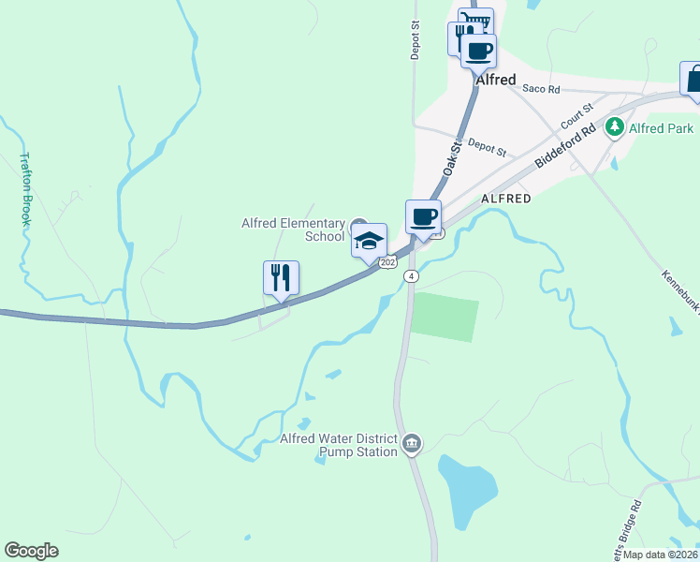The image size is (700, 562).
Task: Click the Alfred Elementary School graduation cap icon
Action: [x=369, y=240]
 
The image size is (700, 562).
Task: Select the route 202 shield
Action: [x=388, y=263]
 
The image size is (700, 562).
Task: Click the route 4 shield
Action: [x=411, y=275]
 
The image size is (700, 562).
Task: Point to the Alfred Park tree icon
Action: [x=615, y=126]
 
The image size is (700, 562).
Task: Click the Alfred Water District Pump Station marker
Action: [x=412, y=441]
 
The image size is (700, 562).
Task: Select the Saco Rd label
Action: [x=541, y=89]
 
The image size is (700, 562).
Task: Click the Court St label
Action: [x=577, y=117]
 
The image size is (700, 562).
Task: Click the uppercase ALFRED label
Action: [x=505, y=199]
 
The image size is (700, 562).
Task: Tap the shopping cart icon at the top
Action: [x=476, y=22]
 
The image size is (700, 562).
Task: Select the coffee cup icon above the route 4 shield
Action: [x=423, y=217]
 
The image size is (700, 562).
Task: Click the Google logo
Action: [x=31, y=551]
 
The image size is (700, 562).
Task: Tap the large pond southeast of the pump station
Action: [x=466, y=490]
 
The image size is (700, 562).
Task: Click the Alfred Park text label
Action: [x=660, y=127]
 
